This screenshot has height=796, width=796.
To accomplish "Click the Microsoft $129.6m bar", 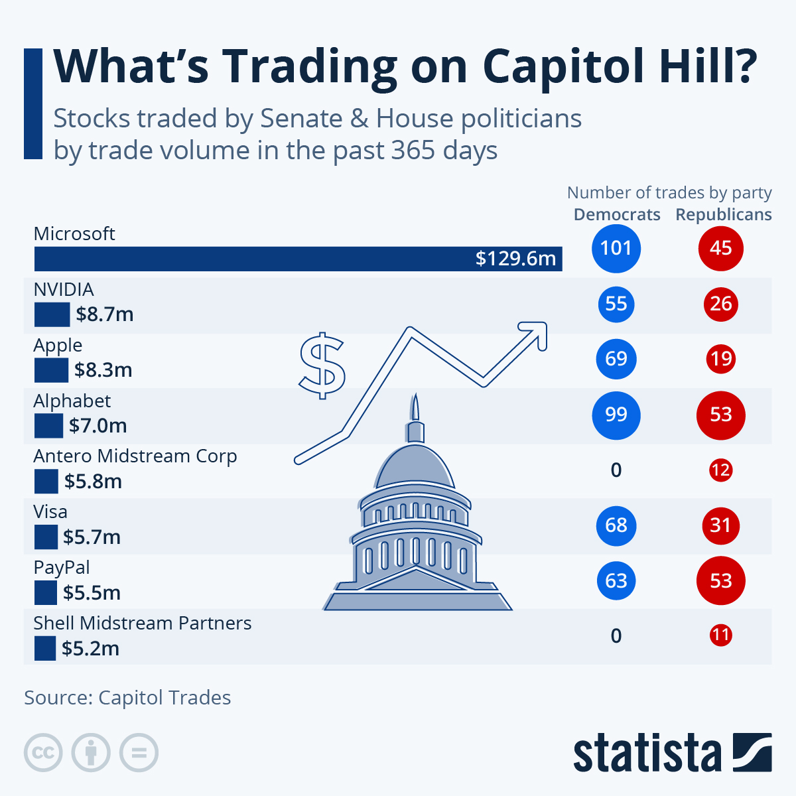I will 298,259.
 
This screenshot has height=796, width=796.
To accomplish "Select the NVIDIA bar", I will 52,314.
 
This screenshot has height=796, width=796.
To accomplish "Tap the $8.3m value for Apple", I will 103,370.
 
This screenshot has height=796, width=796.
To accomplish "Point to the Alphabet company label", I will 72,401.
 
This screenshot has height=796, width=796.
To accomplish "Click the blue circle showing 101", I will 616,248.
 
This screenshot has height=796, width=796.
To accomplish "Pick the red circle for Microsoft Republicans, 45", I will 720,248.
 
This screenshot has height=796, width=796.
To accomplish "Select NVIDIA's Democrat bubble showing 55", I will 616,304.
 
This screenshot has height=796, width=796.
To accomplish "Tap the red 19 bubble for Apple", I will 720,359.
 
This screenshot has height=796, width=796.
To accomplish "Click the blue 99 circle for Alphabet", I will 616,415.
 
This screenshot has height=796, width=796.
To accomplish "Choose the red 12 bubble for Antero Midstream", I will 720,470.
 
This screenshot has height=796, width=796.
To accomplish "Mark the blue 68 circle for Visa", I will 616,525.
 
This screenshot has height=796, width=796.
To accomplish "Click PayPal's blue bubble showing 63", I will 616,581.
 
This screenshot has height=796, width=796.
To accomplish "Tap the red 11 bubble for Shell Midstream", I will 720,635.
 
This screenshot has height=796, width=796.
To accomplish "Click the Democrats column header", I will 617,215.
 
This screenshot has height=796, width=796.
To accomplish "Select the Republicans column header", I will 724,215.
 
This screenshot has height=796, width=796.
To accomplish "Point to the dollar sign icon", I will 322,365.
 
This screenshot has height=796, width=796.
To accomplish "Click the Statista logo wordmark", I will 647,753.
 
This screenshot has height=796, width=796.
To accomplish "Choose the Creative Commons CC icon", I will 43,753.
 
